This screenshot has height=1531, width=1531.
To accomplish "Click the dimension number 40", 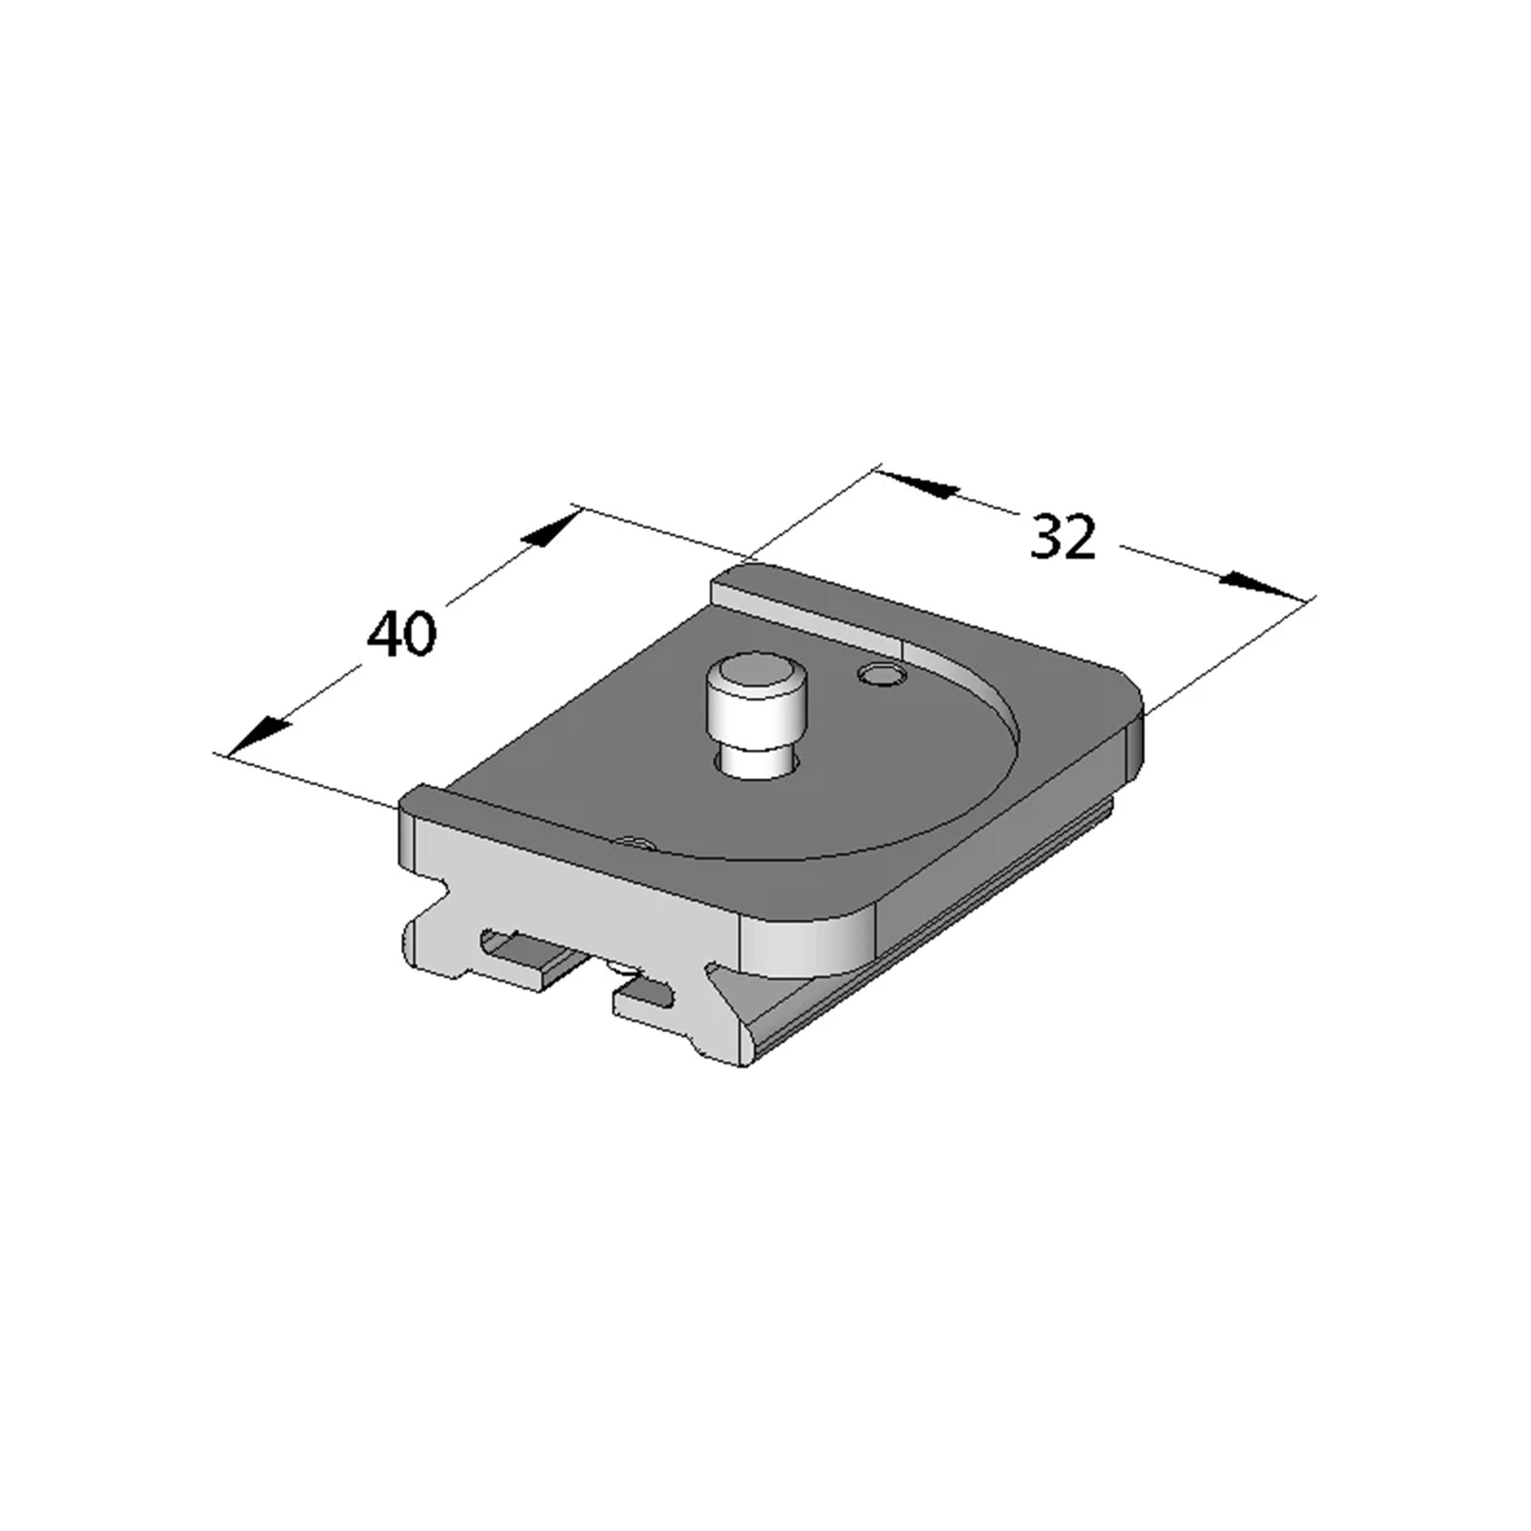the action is coord(401,633).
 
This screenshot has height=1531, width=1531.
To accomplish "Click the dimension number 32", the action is coord(1064,537).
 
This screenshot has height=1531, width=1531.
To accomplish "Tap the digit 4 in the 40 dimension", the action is coord(383,633).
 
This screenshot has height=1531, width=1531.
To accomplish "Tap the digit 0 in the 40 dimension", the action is coord(420,633).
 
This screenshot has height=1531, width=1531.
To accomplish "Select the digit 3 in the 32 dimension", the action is coord(1045,537).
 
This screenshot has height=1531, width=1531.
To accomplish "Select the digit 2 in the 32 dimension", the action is coord(1081,537).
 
